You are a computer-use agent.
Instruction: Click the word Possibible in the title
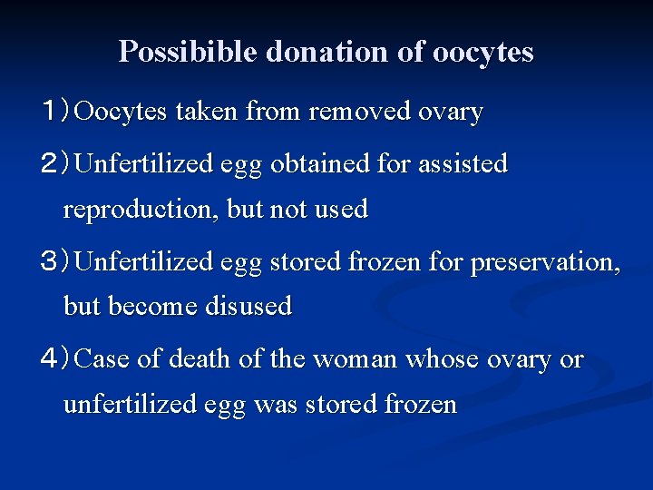(x=188, y=52)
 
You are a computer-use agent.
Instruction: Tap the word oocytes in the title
(x=482, y=52)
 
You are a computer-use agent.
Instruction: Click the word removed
(x=359, y=112)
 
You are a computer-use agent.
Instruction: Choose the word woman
(x=355, y=359)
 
